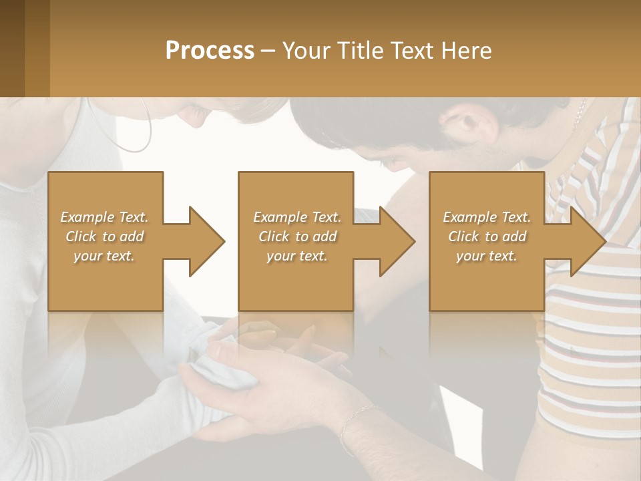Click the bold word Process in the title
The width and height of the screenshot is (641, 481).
click(x=210, y=51)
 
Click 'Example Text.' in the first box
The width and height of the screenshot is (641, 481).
click(x=104, y=217)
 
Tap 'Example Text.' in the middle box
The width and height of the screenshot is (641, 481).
click(x=297, y=217)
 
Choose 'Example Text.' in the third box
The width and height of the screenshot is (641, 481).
click(x=487, y=217)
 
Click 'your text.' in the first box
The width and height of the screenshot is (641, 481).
click(x=104, y=256)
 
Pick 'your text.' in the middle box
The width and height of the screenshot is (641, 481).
click(x=297, y=256)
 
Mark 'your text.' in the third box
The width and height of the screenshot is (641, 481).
click(x=487, y=256)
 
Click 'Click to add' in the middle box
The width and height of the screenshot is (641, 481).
click(x=297, y=236)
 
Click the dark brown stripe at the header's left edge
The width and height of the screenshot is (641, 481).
click(x=12, y=48)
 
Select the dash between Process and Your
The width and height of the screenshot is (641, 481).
click(x=268, y=51)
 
